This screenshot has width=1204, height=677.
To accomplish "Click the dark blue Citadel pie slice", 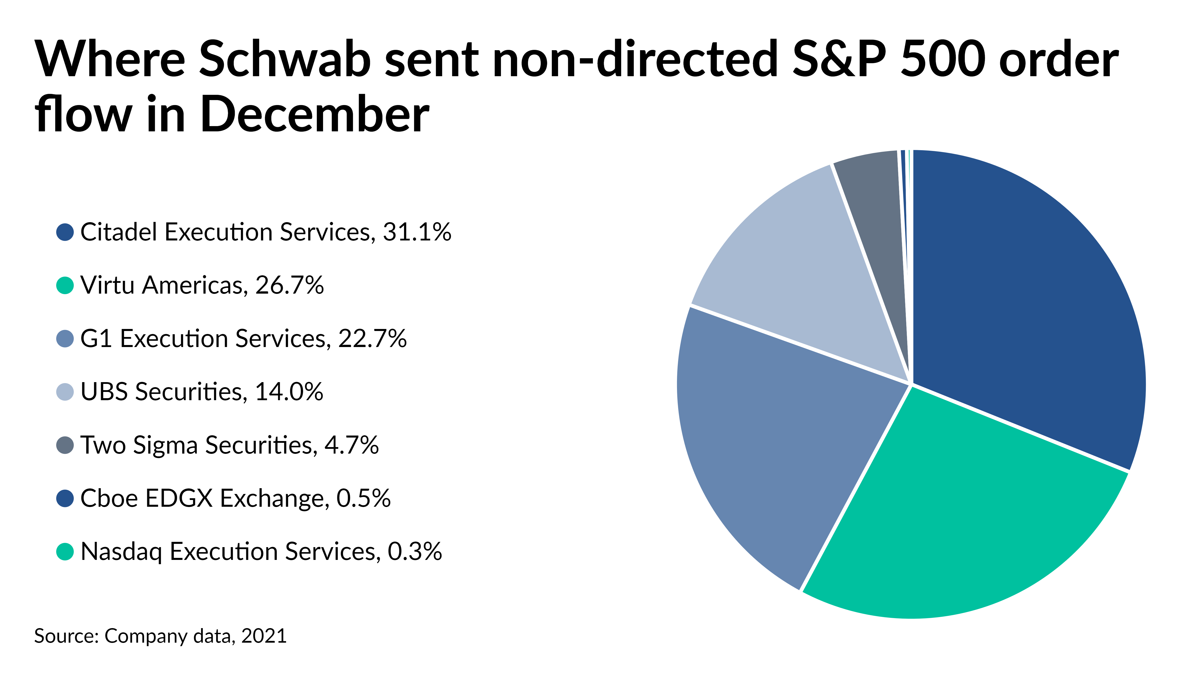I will pyautogui.click(x=1028, y=304).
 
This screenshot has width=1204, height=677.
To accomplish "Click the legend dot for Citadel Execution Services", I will pyautogui.click(x=65, y=232).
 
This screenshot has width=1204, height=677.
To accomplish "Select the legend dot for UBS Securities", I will pyautogui.click(x=65, y=391).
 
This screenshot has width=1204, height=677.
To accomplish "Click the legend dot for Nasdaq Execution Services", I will pyautogui.click(x=65, y=551).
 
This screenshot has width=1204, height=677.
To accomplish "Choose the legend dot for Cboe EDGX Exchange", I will pyautogui.click(x=65, y=498).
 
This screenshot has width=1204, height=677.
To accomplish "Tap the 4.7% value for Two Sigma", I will pyautogui.click(x=351, y=445).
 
